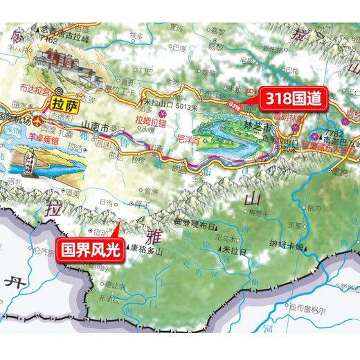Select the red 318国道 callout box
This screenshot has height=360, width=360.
click(291, 99)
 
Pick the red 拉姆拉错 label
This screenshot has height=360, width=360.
click(152, 119)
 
